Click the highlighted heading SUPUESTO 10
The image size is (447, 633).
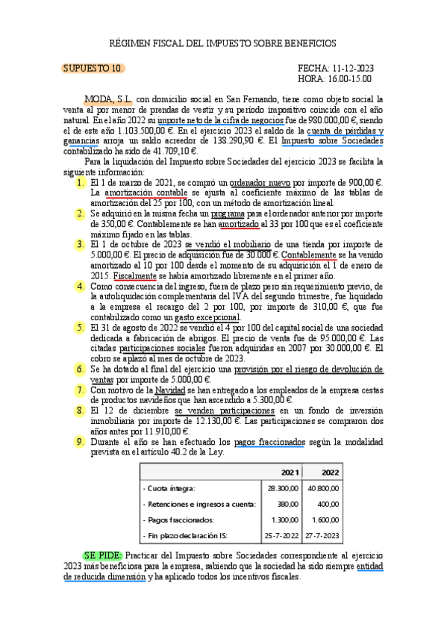(x=93, y=69)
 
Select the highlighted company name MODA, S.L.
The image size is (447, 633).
(x=109, y=99)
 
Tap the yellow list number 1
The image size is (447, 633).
(x=81, y=183)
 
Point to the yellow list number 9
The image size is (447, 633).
(x=81, y=442)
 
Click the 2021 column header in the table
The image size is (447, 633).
(x=290, y=473)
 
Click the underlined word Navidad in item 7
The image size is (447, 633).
(x=170, y=390)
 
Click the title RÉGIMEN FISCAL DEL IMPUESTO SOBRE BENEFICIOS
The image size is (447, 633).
(x=223, y=44)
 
